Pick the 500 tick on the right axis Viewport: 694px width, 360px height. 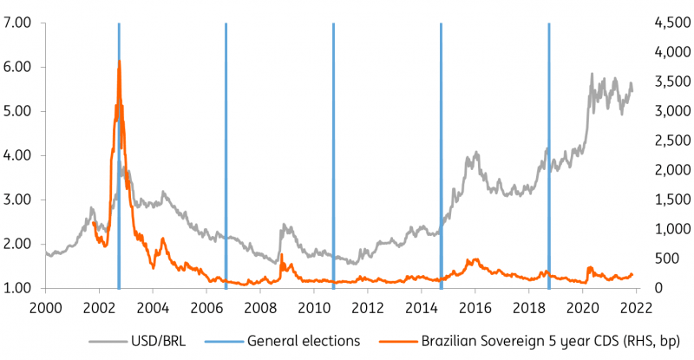click(x=668, y=259)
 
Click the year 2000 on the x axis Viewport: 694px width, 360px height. click(x=46, y=306)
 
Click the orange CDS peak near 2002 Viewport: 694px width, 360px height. click(x=119, y=62)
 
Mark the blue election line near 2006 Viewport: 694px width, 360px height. click(x=226, y=156)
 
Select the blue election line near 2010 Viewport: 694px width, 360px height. click(x=333, y=156)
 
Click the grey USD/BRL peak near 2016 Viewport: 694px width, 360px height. click(x=475, y=154)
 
